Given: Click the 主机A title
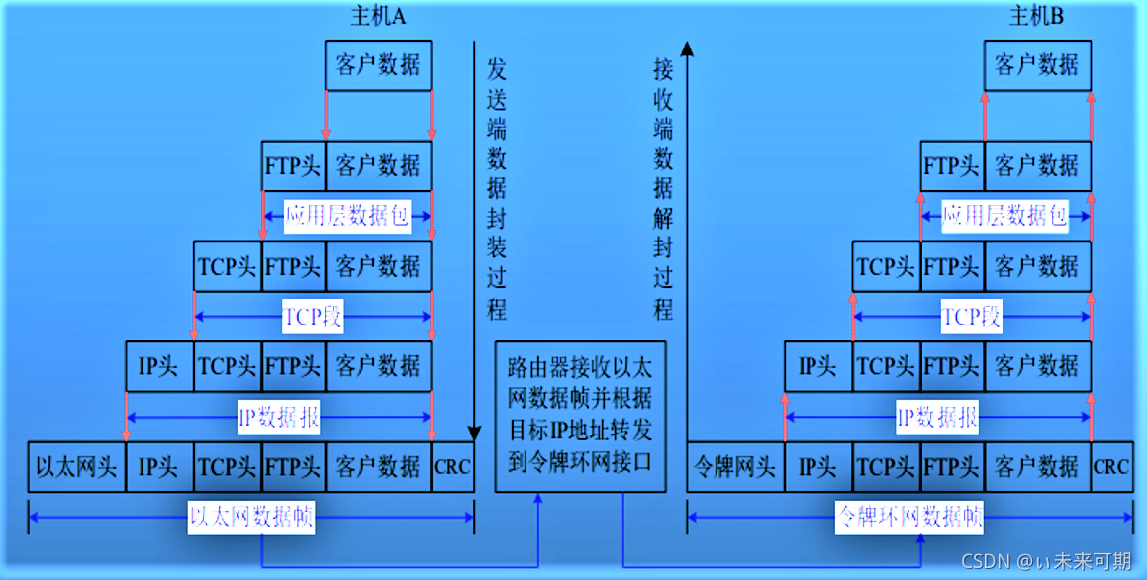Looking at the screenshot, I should [379, 16].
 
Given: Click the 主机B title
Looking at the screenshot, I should [1036, 16].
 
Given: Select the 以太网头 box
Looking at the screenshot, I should [76, 466].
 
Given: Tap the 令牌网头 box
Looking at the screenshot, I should [735, 466].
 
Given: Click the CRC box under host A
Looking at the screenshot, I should [453, 466].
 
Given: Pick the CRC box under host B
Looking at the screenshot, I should [1111, 466].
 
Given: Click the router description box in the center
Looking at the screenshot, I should [580, 416].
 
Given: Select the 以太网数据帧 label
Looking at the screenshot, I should [251, 517].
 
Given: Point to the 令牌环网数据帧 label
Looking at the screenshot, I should [909, 517].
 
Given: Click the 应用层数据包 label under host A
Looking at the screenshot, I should [347, 216].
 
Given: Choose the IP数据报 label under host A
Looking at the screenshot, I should [279, 417].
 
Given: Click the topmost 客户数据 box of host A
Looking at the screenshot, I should [378, 65].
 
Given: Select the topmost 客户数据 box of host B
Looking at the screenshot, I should [1037, 65].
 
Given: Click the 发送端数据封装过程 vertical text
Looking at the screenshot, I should [497, 188].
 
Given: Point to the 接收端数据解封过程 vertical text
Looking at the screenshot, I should [663, 188].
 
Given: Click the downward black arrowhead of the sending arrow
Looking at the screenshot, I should [474, 433].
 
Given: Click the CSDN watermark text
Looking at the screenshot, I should [1046, 561].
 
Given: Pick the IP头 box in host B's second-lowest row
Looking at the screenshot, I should [817, 367].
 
